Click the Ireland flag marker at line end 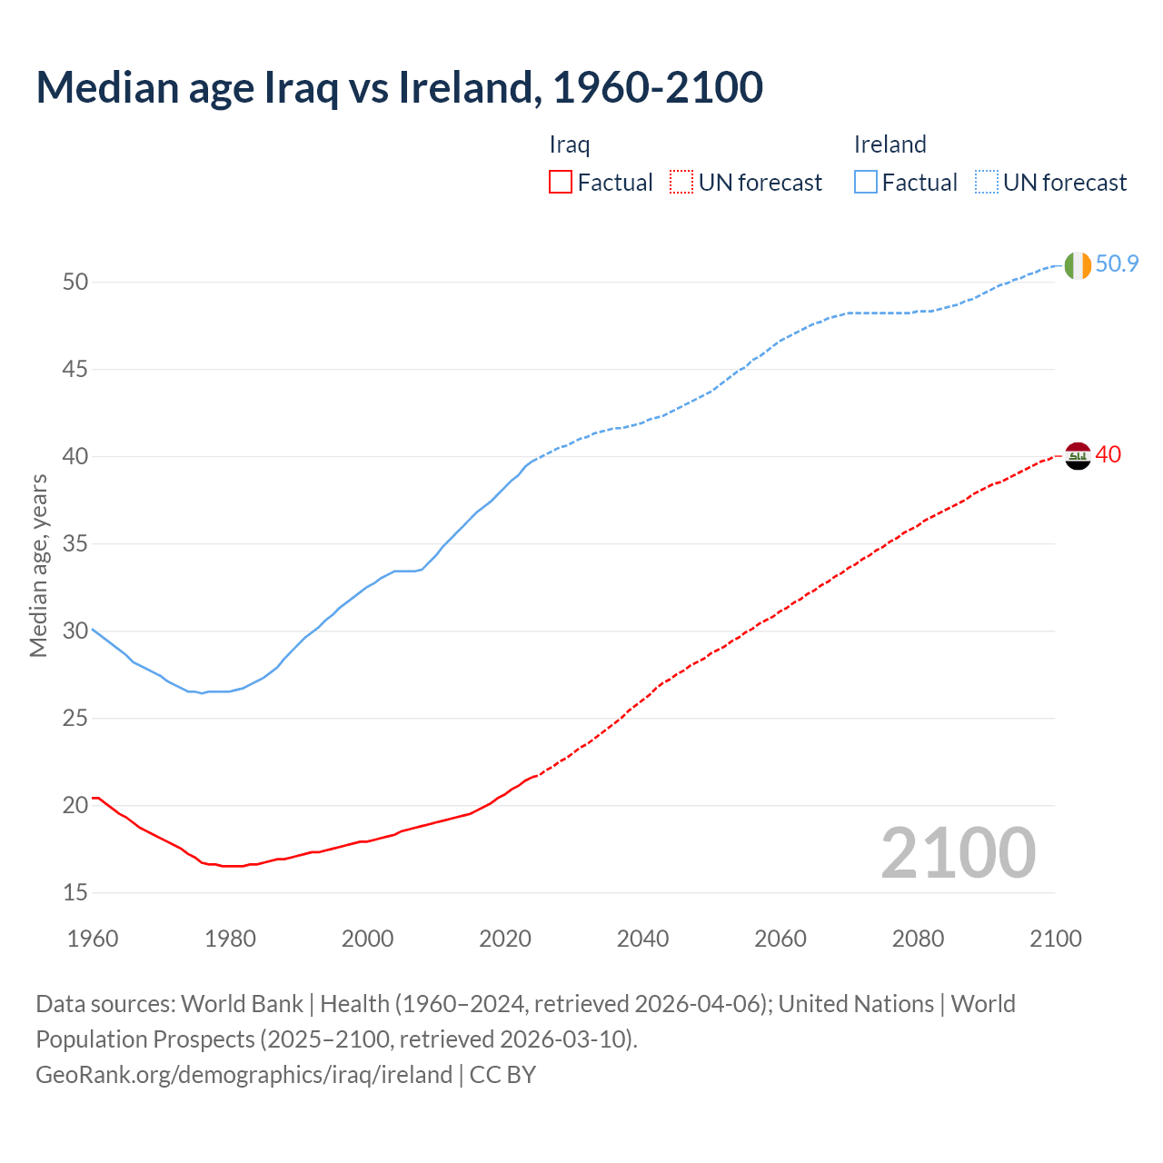pos(1078,265)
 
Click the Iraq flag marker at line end pos(1078,456)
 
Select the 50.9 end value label pos(1117,264)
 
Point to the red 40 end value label pos(1108,455)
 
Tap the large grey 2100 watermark pos(958,853)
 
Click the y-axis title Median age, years pos(38,565)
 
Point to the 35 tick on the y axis pos(75,544)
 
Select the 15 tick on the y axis pos(75,893)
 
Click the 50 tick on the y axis pos(75,283)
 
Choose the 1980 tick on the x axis pos(230,939)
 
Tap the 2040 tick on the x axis pos(642,939)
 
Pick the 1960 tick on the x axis pos(93,939)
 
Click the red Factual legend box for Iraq pos(561,183)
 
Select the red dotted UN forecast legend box pos(681,183)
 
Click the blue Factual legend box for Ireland pos(866,183)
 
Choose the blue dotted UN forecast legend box pos(987,183)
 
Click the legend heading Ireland pos(890,144)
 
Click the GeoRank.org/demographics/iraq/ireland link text pos(244,1075)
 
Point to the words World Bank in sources pos(242,1004)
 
